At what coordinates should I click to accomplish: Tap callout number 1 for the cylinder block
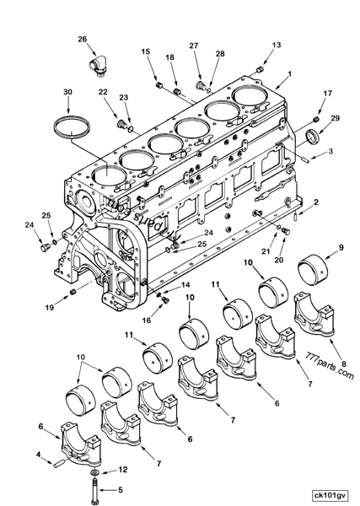click(x=289, y=75)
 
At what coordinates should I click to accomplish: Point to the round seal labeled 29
click(x=312, y=136)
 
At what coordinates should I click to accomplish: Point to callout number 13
click(x=276, y=45)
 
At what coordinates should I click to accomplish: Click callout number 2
click(x=316, y=202)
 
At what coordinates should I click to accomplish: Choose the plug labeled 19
click(x=73, y=290)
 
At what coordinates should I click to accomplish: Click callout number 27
click(x=193, y=45)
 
